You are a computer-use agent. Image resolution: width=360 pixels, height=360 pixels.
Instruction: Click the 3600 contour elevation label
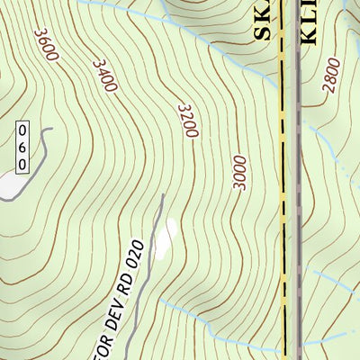coord(46,45)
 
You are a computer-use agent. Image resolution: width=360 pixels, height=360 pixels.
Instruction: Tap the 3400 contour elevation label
coord(104,76)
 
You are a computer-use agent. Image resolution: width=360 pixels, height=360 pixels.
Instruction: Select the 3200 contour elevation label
coord(186,121)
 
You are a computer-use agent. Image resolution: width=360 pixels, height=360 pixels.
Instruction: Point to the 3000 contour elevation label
coord(238,172)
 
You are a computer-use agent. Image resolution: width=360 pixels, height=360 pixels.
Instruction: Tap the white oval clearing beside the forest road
coord(165,238)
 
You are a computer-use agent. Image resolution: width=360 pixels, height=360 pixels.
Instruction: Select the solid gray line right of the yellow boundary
coord(298,180)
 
